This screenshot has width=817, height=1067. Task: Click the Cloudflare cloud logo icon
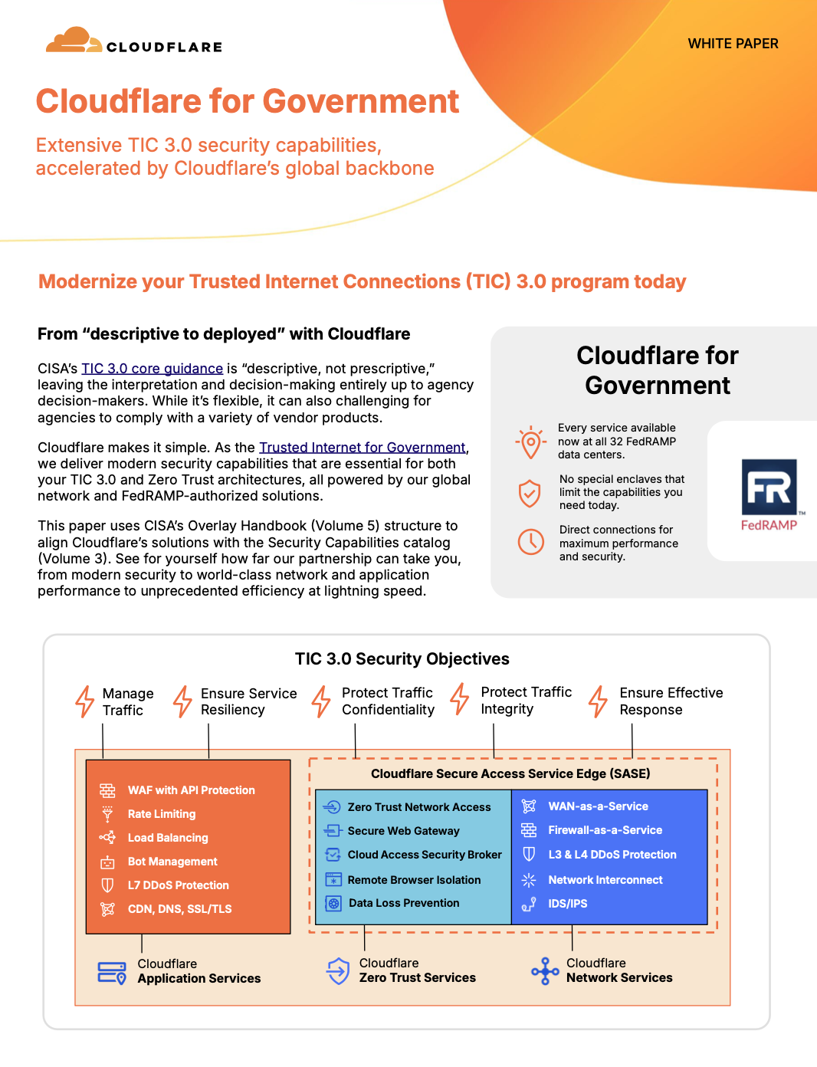74,41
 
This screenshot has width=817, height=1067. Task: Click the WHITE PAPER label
733,44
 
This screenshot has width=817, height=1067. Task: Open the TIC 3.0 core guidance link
152,369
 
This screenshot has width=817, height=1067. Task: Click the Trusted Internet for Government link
362,448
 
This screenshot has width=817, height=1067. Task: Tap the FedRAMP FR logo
769,488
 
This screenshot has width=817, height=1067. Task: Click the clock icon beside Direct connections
530,542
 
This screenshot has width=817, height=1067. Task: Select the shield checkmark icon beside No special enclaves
530,493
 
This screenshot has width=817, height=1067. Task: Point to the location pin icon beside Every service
530,442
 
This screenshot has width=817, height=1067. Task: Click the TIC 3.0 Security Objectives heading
402,659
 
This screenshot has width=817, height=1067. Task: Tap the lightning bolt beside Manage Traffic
84,701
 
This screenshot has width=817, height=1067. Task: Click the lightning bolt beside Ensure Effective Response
598,701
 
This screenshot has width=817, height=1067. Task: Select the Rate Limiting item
161,814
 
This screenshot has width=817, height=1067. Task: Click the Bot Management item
172,862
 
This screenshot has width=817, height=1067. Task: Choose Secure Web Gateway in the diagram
403,831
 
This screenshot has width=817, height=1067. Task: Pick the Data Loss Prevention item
404,903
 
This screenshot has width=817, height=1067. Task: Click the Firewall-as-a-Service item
605,830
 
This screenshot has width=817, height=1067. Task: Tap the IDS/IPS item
567,904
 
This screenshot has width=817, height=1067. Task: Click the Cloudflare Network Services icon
545,971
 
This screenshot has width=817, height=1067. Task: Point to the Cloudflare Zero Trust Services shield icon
338,971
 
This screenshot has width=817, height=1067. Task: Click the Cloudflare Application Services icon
112,972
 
